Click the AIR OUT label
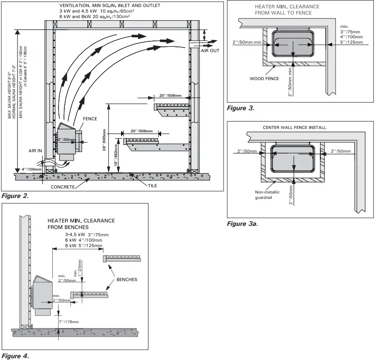(210, 51)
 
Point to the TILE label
(153, 185)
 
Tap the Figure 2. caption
(15, 196)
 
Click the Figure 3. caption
(241, 108)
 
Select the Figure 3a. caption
(243, 224)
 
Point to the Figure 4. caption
(15, 356)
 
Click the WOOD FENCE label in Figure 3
(264, 79)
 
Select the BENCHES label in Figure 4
(126, 279)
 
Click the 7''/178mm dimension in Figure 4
(69, 322)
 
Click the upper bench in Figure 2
(171, 108)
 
